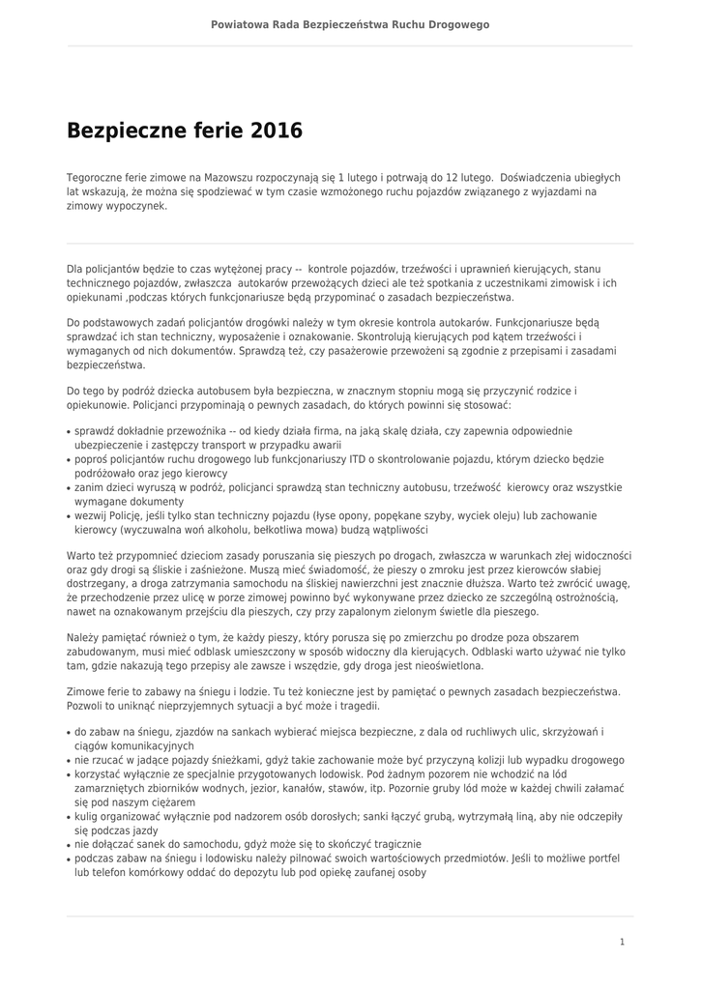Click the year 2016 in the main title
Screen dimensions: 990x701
point(277,131)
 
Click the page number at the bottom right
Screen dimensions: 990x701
point(622,941)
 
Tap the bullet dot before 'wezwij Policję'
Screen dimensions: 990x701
point(69,517)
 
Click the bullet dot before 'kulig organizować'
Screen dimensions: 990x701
point(69,817)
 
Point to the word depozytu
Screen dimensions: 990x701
point(259,871)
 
